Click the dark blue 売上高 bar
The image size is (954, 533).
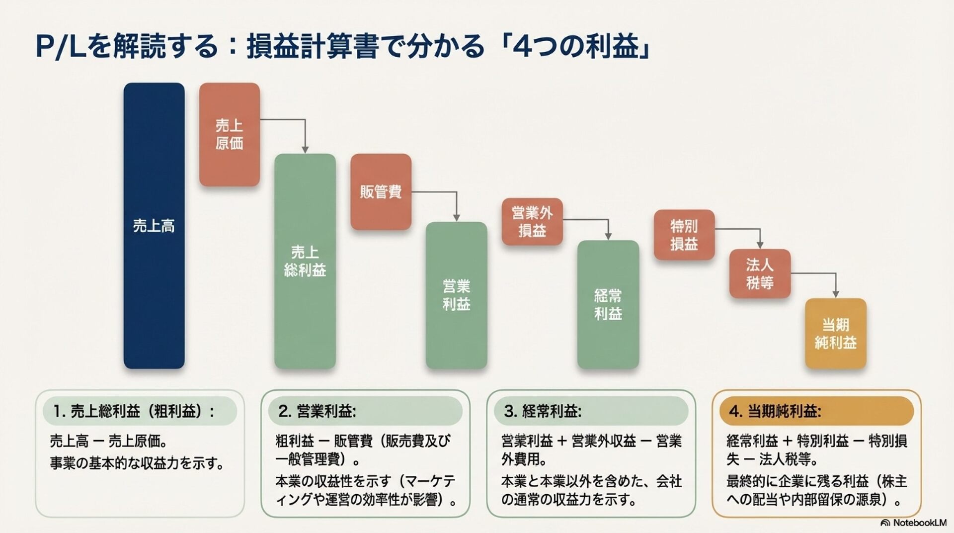[x=154, y=226]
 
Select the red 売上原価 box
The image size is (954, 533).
[x=229, y=134]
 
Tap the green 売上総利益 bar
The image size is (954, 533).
[x=305, y=261]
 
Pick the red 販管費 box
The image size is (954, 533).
[x=381, y=192]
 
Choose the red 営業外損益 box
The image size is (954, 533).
[x=532, y=222]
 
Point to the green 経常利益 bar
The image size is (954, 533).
[x=608, y=304]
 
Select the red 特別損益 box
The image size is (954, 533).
[x=684, y=235]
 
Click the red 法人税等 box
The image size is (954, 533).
[x=759, y=273]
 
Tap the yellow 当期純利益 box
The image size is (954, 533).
[x=835, y=333]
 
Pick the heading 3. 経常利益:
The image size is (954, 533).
[x=543, y=411]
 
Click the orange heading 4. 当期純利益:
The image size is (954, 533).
[x=775, y=411]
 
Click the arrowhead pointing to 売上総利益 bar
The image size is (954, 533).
[x=305, y=150]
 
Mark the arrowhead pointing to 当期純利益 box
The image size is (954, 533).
[x=836, y=294]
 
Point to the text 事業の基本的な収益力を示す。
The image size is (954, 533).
[x=137, y=463]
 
